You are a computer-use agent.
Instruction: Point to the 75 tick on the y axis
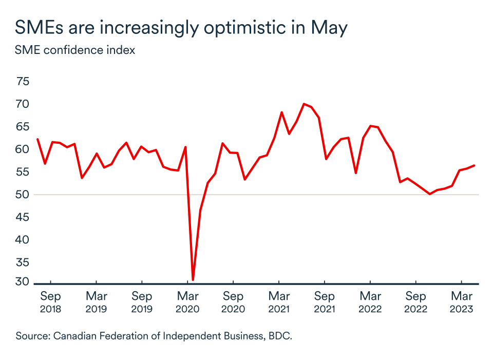(x=23, y=82)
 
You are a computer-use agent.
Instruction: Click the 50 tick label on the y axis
(x=23, y=195)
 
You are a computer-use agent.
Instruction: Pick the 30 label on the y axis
(x=23, y=282)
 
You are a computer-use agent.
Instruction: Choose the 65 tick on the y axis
(x=23, y=127)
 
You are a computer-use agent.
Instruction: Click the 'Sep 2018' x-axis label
(x=50, y=302)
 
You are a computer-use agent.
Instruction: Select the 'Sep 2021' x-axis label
(x=324, y=302)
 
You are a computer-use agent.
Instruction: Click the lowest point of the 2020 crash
(x=193, y=280)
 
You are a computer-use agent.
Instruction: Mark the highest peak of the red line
(x=304, y=104)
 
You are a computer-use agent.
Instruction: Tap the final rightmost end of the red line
(x=474, y=165)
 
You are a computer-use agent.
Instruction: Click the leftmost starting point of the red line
(x=37, y=139)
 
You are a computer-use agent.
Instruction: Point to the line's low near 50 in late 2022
(x=430, y=194)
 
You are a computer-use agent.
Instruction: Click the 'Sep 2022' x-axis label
(x=415, y=302)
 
